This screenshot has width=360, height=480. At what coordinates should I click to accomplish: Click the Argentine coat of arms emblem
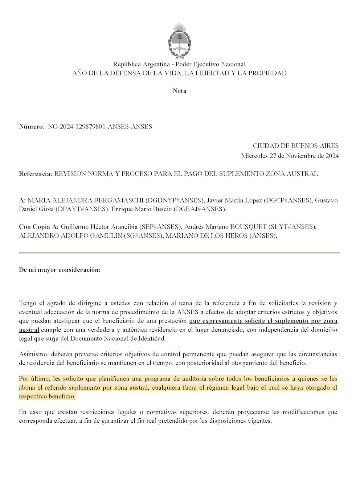pos(179,41)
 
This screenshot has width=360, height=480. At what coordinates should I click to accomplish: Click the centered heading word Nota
pos(179,91)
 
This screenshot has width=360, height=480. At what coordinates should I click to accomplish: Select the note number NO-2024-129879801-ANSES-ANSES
pos(100,127)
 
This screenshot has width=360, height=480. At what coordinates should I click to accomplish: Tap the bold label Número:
pos(32,127)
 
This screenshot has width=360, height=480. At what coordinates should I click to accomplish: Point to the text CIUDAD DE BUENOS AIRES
pos(295,146)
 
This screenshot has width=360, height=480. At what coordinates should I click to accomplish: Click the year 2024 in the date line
pos(332,156)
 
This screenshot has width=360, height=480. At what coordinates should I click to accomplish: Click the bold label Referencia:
pos(36,173)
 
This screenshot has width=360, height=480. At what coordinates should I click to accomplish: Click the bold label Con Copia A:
pos(38,227)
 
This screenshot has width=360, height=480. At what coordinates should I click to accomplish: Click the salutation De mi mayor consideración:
pos(60,270)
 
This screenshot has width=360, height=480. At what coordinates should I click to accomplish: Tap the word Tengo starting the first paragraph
pos(28,303)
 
